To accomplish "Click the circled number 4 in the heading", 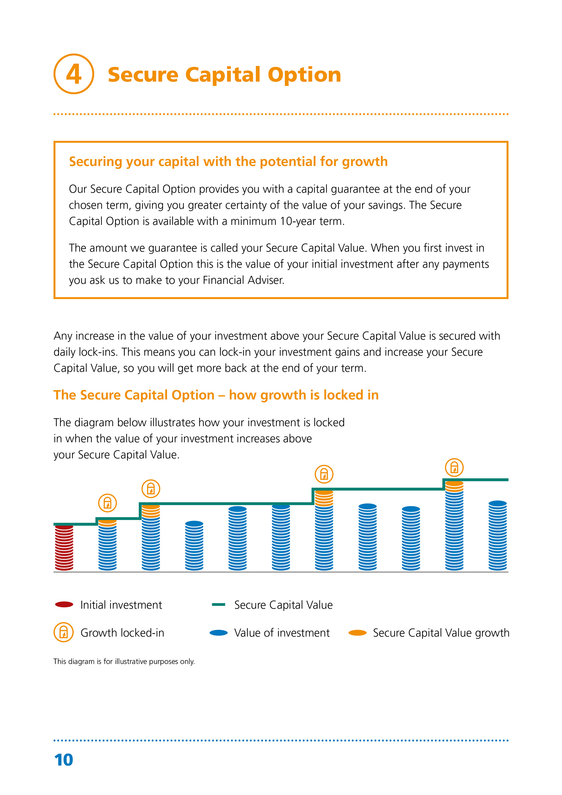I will [x=74, y=74].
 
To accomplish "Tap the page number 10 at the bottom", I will [x=64, y=760].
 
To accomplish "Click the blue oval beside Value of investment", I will [x=218, y=632].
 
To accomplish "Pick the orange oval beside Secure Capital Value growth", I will [x=357, y=632].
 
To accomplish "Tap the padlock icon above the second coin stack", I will [x=107, y=503].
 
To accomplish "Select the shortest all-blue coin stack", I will [x=194, y=545].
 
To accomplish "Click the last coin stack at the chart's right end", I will [x=497, y=535].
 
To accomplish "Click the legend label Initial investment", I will [x=121, y=605].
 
